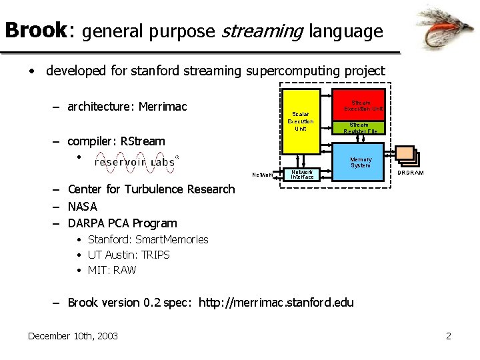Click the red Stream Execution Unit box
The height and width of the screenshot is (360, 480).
pyautogui.click(x=359, y=105)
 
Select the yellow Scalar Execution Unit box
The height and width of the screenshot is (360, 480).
pyautogui.click(x=301, y=122)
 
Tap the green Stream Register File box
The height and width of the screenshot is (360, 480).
pyautogui.click(x=359, y=129)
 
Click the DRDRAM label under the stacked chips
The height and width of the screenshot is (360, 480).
pyautogui.click(x=410, y=173)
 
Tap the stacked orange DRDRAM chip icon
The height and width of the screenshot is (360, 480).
pyautogui.click(x=406, y=155)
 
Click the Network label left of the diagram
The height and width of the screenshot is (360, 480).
pyautogui.click(x=261, y=175)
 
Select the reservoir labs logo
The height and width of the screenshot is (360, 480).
pyautogui.click(x=136, y=161)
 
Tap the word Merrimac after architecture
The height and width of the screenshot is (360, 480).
pyautogui.click(x=163, y=107)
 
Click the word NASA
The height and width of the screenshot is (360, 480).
pyautogui.click(x=83, y=206)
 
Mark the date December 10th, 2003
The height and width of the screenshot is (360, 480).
pyautogui.click(x=73, y=335)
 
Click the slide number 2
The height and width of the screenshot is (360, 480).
pyautogui.click(x=448, y=335)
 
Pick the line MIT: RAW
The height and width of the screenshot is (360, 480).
pyautogui.click(x=112, y=270)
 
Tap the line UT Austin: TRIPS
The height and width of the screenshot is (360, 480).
pyautogui.click(x=129, y=255)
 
